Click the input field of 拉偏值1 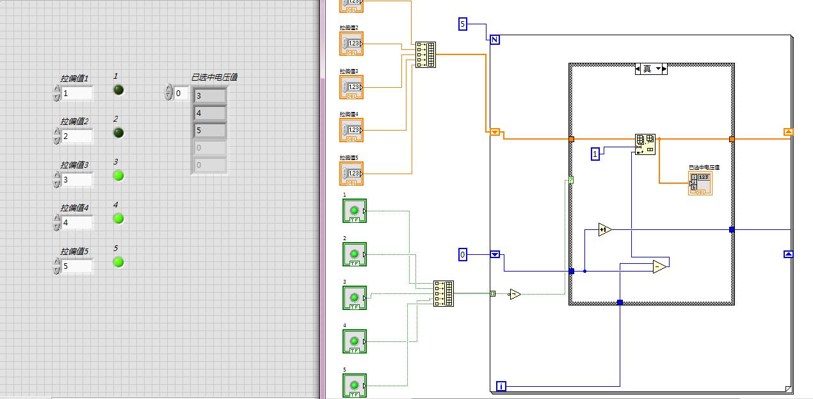[77, 94]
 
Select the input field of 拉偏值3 [77, 180]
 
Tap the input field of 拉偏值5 [77, 266]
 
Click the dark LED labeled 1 [118, 90]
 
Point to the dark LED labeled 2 [118, 133]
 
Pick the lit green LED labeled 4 [118, 218]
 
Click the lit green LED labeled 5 [118, 262]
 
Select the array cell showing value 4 [209, 113]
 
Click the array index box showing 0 [181, 94]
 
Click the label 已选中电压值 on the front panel [214, 77]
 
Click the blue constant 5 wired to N [463, 24]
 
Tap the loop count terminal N [495, 40]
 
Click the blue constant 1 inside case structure [595, 154]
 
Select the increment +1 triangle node [604, 229]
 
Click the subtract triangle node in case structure [660, 266]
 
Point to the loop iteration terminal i [501, 386]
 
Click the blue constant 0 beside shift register [463, 255]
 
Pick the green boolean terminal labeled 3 [354, 298]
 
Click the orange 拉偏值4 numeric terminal [351, 130]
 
